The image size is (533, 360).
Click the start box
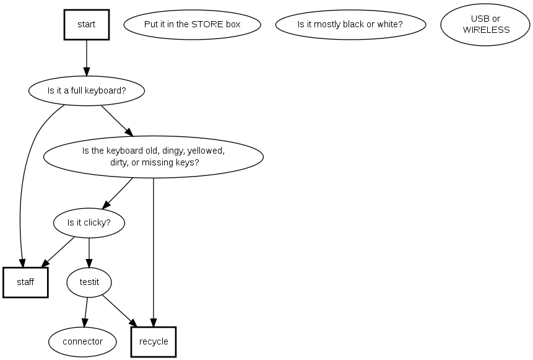coord(87,25)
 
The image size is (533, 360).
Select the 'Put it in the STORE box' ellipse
coord(192,25)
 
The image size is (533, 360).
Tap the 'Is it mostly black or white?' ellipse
coord(350,25)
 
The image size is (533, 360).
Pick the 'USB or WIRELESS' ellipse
coord(486,25)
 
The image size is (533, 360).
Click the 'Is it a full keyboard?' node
coord(87,91)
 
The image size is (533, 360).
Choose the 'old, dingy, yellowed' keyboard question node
coord(153,157)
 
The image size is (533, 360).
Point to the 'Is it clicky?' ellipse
coord(89,222)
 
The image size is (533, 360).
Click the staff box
coord(25,283)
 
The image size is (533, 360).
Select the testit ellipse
coord(89,283)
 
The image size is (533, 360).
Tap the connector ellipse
coord(82,341)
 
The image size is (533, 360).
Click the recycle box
coord(154,341)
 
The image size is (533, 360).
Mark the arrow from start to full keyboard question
coord(87,59)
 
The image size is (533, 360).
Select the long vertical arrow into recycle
coord(154,248)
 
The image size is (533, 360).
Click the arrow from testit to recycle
coord(119,311)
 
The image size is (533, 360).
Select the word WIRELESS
coord(486,30)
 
